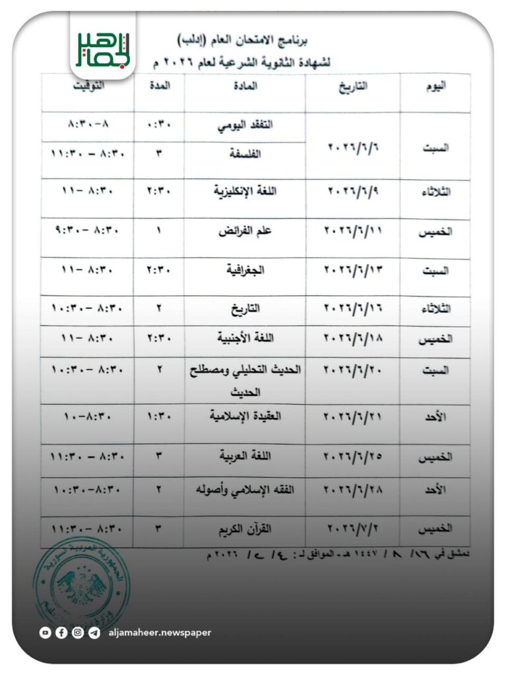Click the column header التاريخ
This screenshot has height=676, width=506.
tap(354, 87)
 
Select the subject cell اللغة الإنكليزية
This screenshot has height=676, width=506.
tap(245, 191)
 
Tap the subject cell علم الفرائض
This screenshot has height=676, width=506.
tap(245, 232)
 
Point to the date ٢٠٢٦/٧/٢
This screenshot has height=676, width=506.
tap(352, 528)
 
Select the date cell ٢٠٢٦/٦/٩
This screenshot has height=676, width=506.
tap(352, 191)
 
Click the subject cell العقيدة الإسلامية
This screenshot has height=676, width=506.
tap(245, 416)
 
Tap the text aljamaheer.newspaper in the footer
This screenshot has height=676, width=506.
tap(160, 632)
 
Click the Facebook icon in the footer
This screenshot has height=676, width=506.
tap(61, 632)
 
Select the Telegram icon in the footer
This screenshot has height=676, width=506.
tap(94, 632)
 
